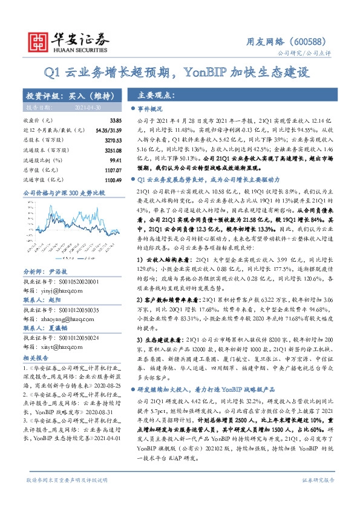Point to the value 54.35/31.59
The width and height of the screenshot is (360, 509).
click(105, 130)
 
